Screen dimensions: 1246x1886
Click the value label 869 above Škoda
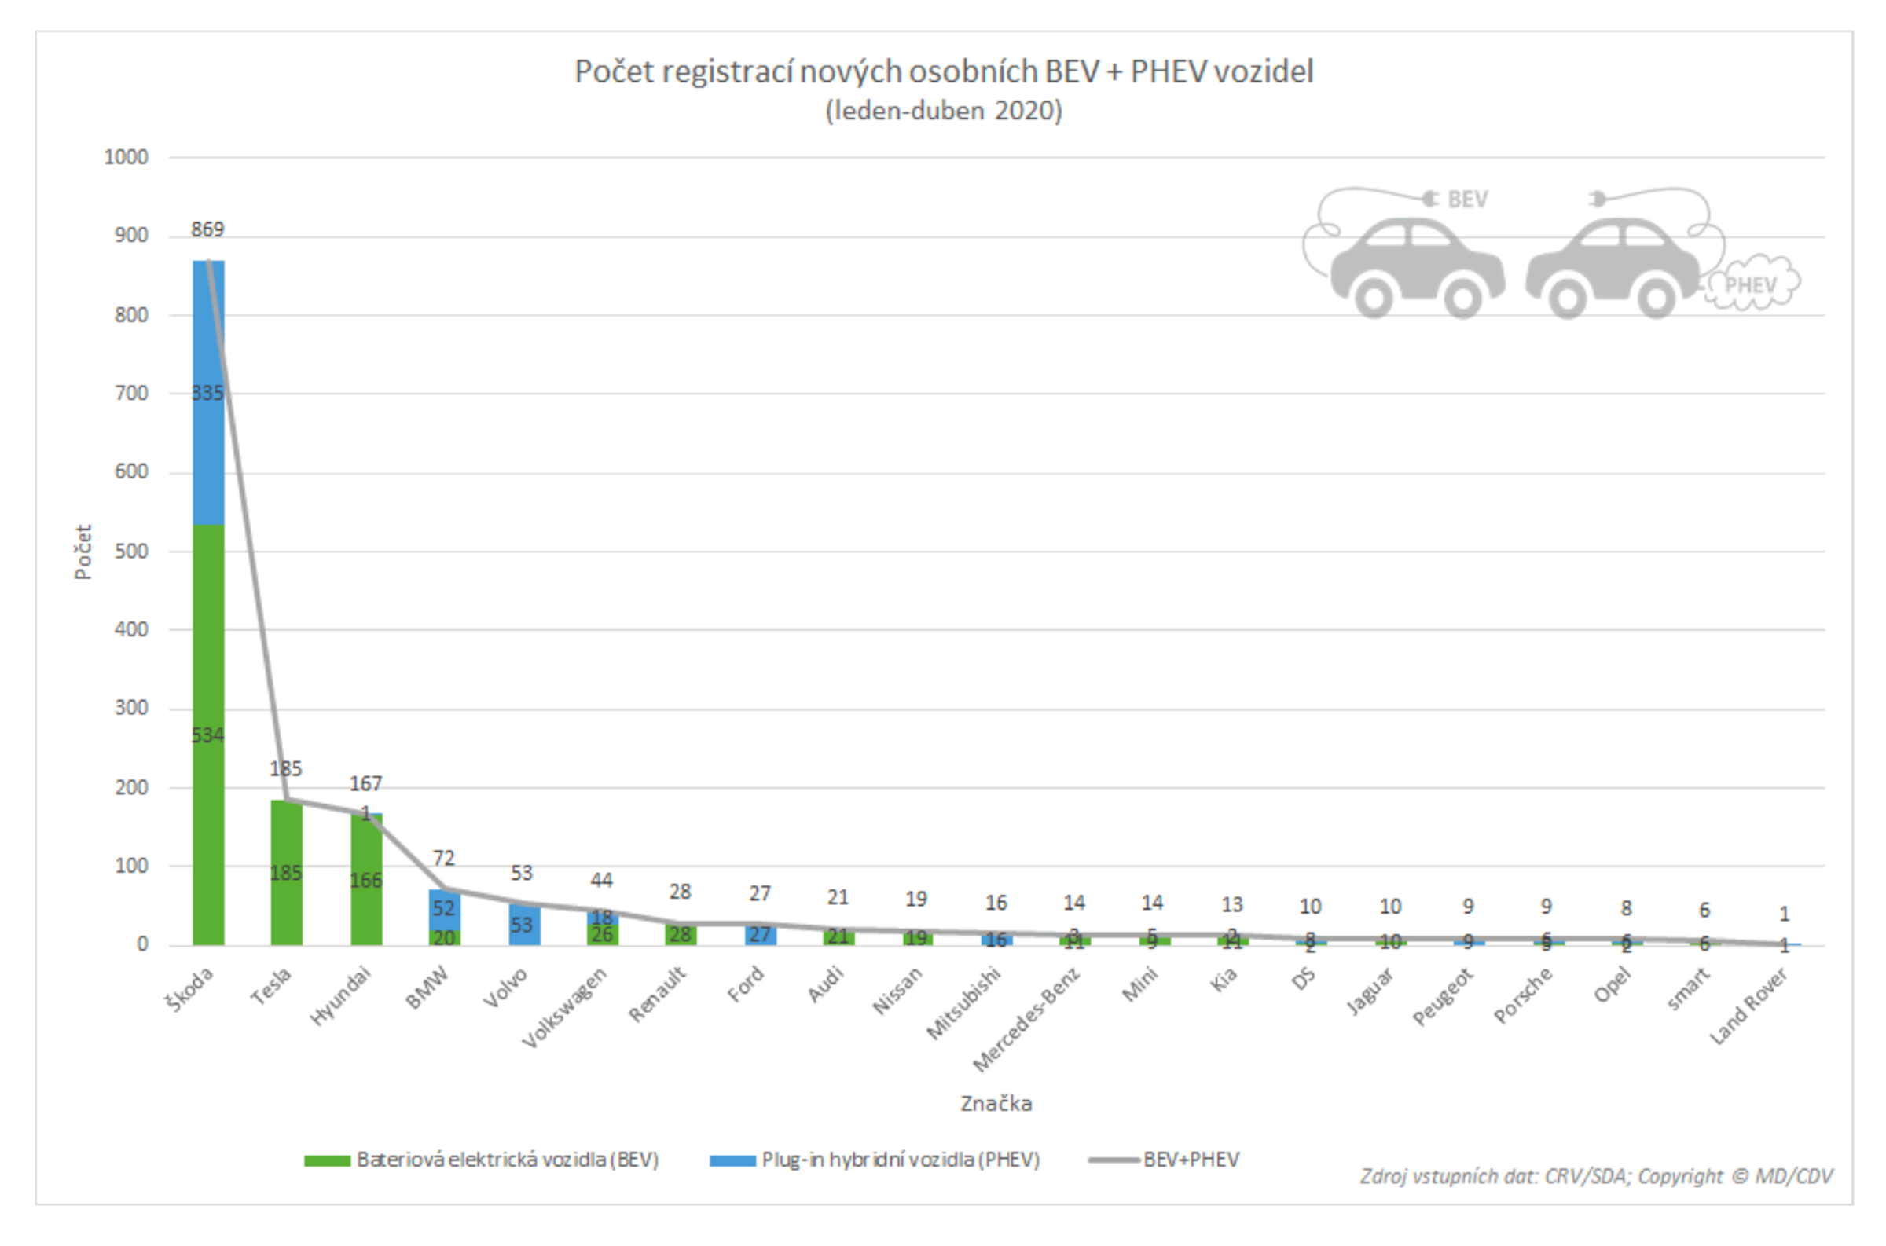(x=207, y=229)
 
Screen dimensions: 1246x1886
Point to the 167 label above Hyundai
(x=365, y=784)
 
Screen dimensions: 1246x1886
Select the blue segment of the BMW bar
(x=444, y=908)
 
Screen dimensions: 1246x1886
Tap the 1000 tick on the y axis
(x=126, y=157)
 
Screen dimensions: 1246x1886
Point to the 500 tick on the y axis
(x=131, y=552)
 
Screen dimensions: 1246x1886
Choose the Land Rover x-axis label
(x=1748, y=1006)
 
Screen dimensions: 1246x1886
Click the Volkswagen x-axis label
(x=565, y=1008)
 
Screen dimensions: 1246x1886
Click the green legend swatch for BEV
(x=327, y=1161)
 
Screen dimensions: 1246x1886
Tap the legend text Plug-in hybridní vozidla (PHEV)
(x=900, y=1160)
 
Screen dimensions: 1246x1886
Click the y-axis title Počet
(x=83, y=552)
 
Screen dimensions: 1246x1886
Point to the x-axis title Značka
(x=996, y=1104)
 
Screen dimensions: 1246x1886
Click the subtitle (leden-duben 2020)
(x=944, y=111)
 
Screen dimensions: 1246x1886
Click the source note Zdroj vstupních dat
(x=1595, y=1177)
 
